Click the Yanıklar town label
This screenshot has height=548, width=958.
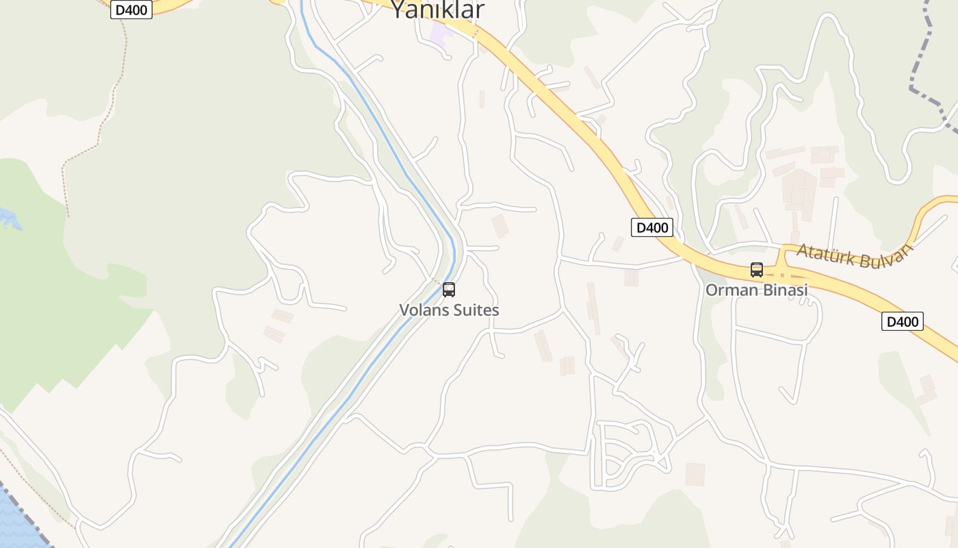437,10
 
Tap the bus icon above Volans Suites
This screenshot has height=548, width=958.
449,290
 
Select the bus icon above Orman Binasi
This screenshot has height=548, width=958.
756,270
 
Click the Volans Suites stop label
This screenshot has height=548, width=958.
449,310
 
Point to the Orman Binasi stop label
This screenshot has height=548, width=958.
756,290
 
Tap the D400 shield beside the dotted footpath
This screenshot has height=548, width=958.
131,10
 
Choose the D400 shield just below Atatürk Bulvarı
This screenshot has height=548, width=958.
902,321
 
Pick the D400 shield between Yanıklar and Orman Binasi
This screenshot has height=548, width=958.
651,227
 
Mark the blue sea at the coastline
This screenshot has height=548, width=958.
14,521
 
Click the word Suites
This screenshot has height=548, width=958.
475,310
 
